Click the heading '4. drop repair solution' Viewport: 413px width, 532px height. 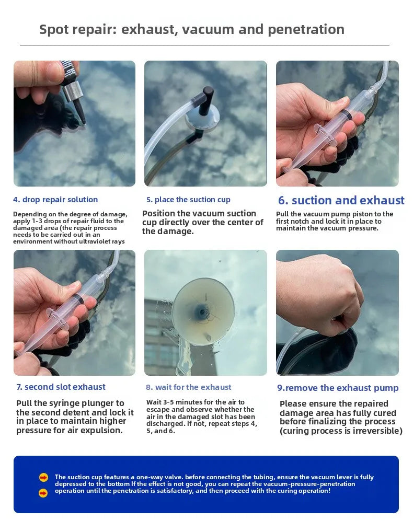point(55,200)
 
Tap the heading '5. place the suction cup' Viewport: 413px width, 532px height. point(188,200)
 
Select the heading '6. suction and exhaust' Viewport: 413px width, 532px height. point(341,201)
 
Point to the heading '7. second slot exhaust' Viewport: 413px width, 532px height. point(61,387)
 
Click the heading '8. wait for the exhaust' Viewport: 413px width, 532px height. point(188,387)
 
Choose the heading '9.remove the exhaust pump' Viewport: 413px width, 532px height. point(338,388)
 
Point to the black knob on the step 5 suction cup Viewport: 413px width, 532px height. point(208,98)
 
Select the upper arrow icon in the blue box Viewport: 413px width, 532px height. point(43,477)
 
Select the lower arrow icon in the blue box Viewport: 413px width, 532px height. point(43,493)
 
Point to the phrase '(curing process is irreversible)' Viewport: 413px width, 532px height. point(341,431)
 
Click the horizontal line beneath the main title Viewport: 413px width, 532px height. point(204,46)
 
